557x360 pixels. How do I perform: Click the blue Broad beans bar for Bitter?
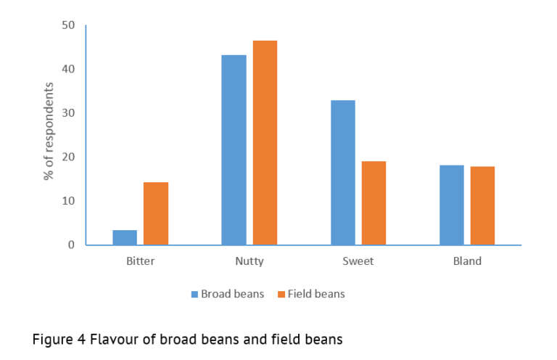tap(125, 237)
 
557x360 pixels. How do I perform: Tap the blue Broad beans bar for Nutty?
tap(234, 150)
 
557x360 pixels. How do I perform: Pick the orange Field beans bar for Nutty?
tap(265, 143)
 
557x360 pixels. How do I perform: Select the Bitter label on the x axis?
tap(140, 261)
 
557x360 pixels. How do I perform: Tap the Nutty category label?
tap(249, 261)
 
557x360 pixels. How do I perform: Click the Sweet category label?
tap(358, 261)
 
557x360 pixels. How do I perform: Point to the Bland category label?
tap(467, 261)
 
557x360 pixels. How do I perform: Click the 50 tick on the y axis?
tap(68, 25)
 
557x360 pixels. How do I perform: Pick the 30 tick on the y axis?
tap(68, 113)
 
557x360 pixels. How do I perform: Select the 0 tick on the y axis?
tap(71, 245)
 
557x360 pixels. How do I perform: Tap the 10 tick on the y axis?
tap(68, 201)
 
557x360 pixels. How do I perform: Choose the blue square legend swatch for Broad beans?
tap(194, 294)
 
